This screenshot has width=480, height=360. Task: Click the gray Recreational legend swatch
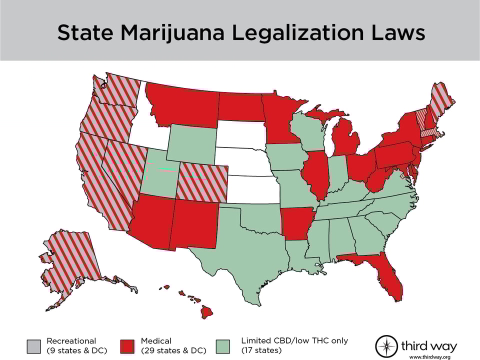[34, 345]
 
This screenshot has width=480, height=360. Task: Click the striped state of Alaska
[70, 265]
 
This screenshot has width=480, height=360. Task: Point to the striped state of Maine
[440, 97]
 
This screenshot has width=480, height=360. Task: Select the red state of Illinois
[315, 175]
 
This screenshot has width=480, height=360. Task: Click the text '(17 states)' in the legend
[261, 350]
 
